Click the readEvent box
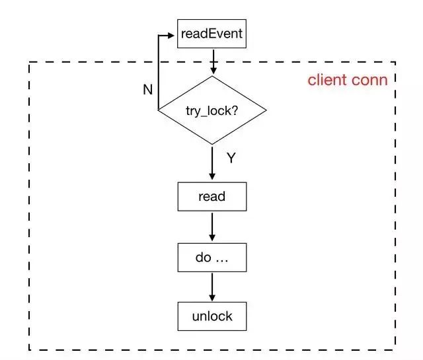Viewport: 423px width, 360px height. pyautogui.click(x=211, y=34)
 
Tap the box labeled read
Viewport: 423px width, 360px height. pyautogui.click(x=211, y=196)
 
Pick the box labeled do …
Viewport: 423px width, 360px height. pyautogui.click(x=211, y=257)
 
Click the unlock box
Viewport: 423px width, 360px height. pyautogui.click(x=211, y=316)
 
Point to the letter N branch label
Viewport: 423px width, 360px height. pyautogui.click(x=148, y=90)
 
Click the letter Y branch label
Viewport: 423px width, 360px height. pyautogui.click(x=231, y=159)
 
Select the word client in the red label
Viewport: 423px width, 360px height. pyautogui.click(x=328, y=81)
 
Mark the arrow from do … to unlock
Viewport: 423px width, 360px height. pyautogui.click(x=212, y=287)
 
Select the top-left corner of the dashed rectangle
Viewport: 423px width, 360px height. pyautogui.click(x=29, y=62)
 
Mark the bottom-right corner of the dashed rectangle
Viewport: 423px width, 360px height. pyautogui.click(x=396, y=349)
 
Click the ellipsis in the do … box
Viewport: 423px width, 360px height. pyautogui.click(x=221, y=259)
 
